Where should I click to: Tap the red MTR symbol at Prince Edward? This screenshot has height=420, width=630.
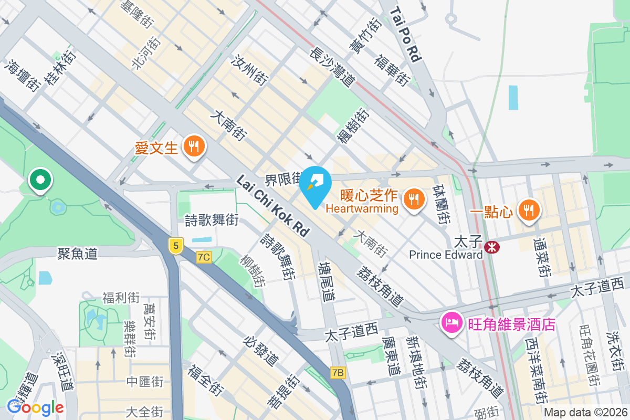[x=492, y=245]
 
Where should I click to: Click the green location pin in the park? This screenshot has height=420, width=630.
[x=40, y=180]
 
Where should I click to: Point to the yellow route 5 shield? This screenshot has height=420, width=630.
[x=175, y=245]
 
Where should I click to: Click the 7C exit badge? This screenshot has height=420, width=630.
[x=204, y=257]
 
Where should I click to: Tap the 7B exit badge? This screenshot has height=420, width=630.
[x=339, y=373]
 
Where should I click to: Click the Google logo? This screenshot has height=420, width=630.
[x=35, y=407]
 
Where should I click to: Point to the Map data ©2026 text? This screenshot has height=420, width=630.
[x=585, y=412]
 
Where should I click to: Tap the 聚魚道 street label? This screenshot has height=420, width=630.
[x=78, y=254]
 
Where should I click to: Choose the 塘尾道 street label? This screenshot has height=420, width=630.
[x=327, y=281]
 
